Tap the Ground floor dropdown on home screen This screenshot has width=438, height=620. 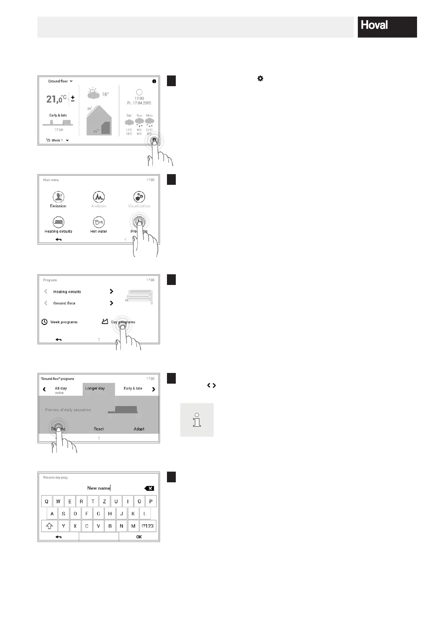click(60, 81)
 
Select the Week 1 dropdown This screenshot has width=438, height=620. click(58, 140)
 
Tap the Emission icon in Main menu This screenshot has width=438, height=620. click(58, 197)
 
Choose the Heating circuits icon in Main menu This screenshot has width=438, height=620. click(58, 223)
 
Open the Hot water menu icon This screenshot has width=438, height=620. click(99, 223)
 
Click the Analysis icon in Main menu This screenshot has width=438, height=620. click(99, 197)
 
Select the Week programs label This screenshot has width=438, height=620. click(64, 322)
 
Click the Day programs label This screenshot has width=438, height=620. click(123, 322)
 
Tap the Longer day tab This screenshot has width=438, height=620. click(95, 388)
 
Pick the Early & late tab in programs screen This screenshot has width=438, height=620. click(133, 388)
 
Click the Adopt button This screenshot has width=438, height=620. click(139, 429)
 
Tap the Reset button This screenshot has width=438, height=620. click(99, 429)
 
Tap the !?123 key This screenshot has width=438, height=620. click(147, 526)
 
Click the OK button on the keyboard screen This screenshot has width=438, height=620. click(139, 537)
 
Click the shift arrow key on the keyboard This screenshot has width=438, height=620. click(49, 526)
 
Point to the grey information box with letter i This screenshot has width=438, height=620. click(197, 420)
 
